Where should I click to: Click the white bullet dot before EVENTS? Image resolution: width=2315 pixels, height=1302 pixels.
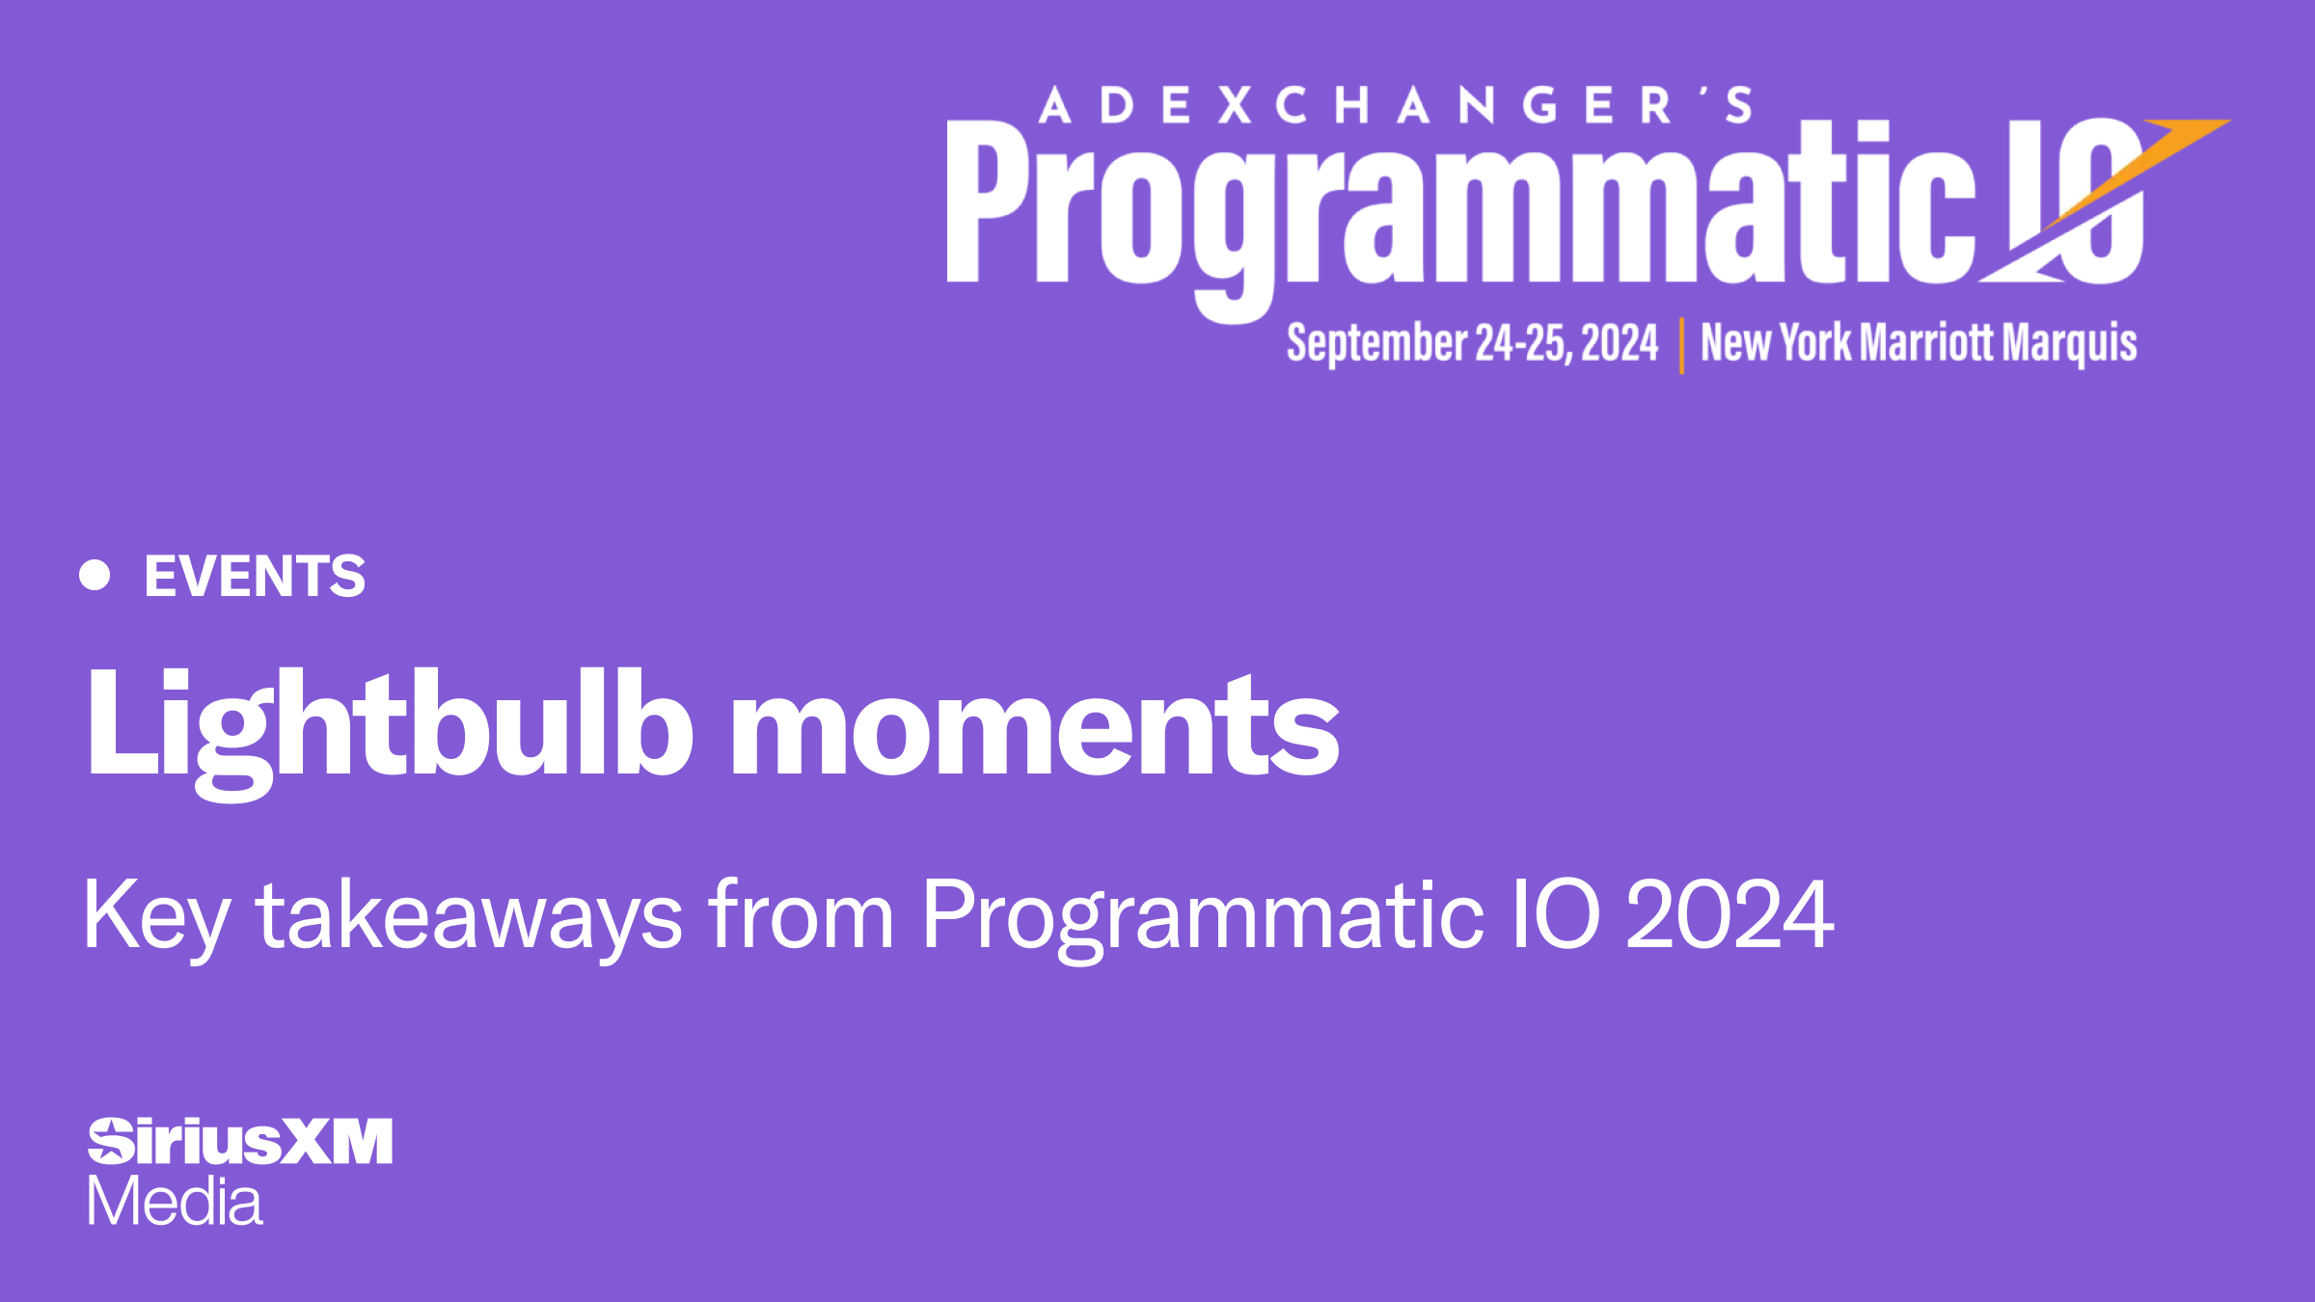(x=95, y=575)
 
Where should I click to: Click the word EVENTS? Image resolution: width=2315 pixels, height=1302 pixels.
(x=255, y=577)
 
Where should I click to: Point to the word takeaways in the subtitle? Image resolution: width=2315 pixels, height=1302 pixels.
(x=469, y=916)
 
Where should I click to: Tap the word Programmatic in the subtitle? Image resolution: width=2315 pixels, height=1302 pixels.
(x=1202, y=916)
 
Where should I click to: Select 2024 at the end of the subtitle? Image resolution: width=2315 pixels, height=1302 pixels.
(x=1729, y=916)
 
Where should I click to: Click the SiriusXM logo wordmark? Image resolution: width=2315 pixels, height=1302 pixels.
(x=241, y=1142)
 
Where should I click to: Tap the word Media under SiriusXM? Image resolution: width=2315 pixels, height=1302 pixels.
(x=175, y=1202)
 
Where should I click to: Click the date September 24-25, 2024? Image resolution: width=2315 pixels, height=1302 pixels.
(x=1472, y=343)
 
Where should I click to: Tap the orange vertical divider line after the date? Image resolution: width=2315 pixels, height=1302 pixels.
(x=1681, y=345)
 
